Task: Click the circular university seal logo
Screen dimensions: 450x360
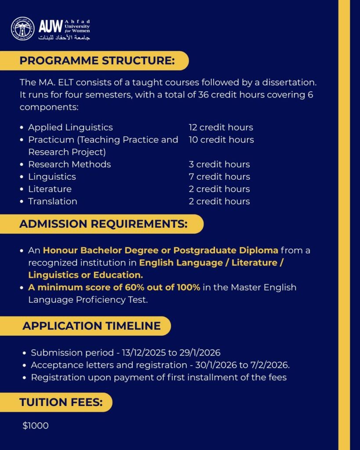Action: pyautogui.click(x=23, y=28)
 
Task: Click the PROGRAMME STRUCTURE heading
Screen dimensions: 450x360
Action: pyautogui.click(x=97, y=61)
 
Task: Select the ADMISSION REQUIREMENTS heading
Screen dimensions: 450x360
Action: pyautogui.click(x=103, y=224)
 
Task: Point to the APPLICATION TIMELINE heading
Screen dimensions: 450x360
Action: pyautogui.click(x=91, y=326)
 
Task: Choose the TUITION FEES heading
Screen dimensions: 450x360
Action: pyautogui.click(x=61, y=402)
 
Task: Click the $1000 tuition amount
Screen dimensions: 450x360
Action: pyautogui.click(x=36, y=425)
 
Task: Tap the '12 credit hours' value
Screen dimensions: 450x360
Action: pyautogui.click(x=221, y=127)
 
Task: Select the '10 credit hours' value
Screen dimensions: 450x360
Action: pyautogui.click(x=221, y=140)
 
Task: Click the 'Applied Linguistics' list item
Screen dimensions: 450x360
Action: pyautogui.click(x=70, y=127)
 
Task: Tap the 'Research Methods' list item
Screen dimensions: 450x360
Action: pyautogui.click(x=69, y=164)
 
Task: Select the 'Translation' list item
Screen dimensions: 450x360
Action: pyautogui.click(x=53, y=201)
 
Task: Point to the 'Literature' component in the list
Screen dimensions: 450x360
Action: pyautogui.click(x=50, y=189)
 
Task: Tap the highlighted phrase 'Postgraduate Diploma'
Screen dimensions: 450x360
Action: pyautogui.click(x=225, y=250)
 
